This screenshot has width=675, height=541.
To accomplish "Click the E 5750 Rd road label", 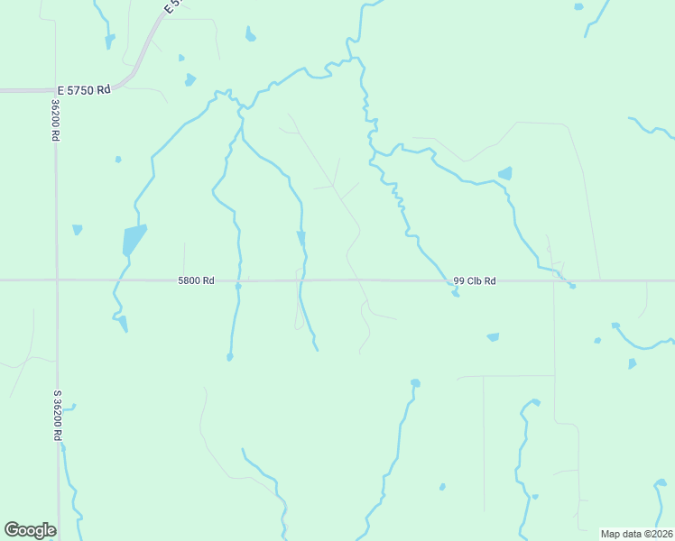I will (83, 90).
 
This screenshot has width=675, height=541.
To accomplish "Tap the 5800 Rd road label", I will (196, 281).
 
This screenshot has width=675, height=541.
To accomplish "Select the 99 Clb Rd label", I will (475, 281).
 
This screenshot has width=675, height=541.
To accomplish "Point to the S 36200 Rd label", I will (57, 415).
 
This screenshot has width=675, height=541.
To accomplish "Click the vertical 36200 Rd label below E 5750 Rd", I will (55, 119).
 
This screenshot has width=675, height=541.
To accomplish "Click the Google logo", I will (30, 530).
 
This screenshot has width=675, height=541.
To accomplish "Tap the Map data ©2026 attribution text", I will (636, 534).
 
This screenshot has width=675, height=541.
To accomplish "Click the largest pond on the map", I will (133, 241).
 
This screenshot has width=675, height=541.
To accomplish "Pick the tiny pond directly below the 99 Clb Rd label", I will (456, 293).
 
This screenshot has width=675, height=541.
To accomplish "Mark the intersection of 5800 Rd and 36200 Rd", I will (57, 280).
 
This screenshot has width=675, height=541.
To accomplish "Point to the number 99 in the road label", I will (459, 281).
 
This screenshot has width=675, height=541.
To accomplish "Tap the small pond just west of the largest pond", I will (77, 229).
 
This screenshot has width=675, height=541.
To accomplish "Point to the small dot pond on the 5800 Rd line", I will (238, 286).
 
